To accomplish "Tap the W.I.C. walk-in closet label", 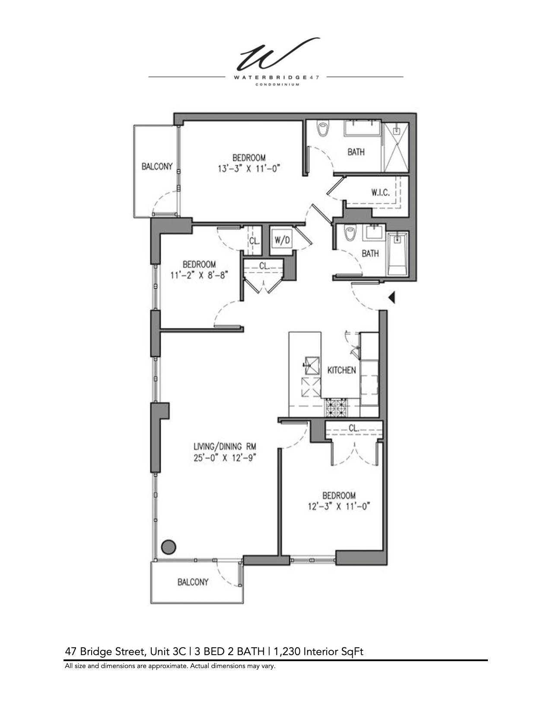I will tap(380, 192).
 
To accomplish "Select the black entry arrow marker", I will tap(392, 297).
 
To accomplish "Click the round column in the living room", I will tap(169, 547).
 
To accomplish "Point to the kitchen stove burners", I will tap(336, 407).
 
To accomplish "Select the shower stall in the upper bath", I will tap(396, 147).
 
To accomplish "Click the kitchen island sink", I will tap(311, 365).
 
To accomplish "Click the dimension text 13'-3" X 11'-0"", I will tap(249, 169).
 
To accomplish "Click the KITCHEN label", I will tap(341, 370).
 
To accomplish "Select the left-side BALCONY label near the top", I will tap(157, 166).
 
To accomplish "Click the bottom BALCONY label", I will tap(193, 582).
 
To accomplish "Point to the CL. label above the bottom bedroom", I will tap(354, 428).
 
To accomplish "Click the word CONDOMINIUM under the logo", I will tap(277, 85).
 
